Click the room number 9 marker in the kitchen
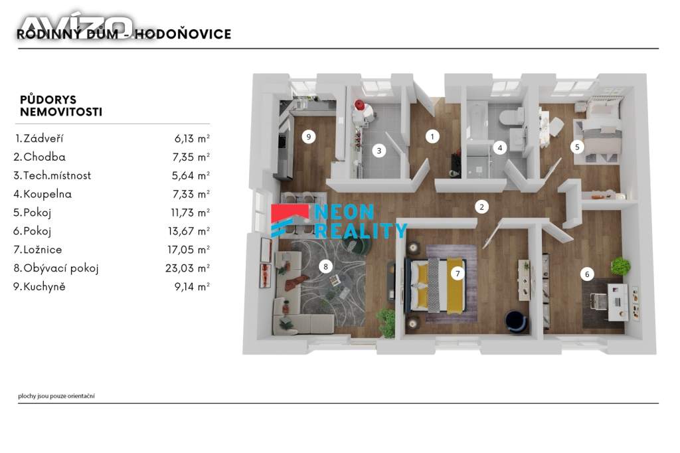pyautogui.click(x=308, y=137)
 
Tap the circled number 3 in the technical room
pyautogui.click(x=379, y=151)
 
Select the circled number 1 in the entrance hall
pyautogui.click(x=432, y=137)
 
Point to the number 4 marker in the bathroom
pyautogui.click(x=500, y=148)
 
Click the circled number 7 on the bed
pyautogui.click(x=458, y=274)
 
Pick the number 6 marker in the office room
pyautogui.click(x=587, y=274)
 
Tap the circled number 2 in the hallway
pyautogui.click(x=481, y=207)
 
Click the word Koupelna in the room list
pyautogui.click(x=48, y=194)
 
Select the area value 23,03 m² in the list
pyautogui.click(x=187, y=268)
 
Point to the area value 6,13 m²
pyautogui.click(x=192, y=138)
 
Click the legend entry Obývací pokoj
pyautogui.click(x=61, y=268)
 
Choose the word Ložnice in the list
pyautogui.click(x=42, y=250)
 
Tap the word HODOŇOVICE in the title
pyautogui.click(x=183, y=35)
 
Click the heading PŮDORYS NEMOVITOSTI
pyautogui.click(x=61, y=106)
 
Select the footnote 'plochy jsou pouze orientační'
pyautogui.click(x=56, y=396)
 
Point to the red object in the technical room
pyautogui.click(x=359, y=104)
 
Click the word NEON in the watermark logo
pyautogui.click(x=344, y=212)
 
